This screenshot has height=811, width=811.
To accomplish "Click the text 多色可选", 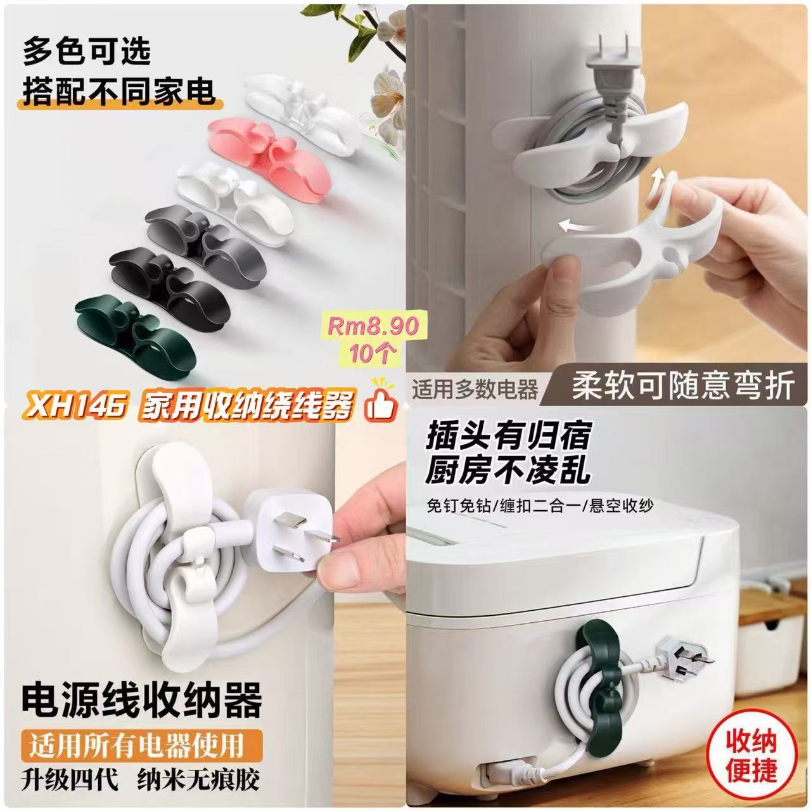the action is click(87, 51).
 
